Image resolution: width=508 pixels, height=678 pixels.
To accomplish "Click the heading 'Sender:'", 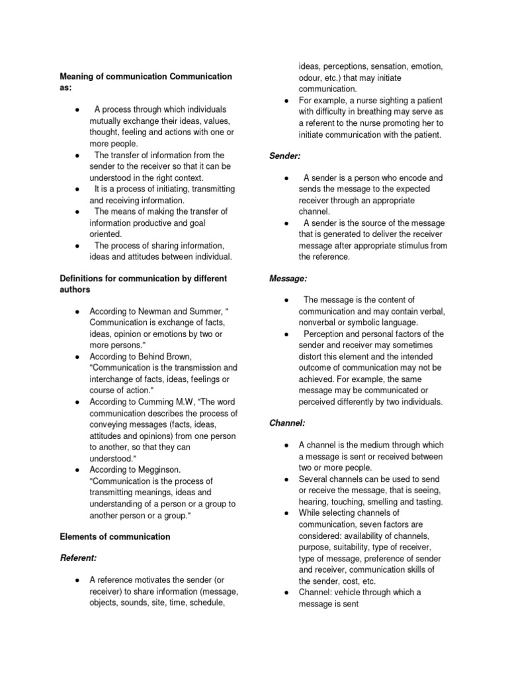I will [285, 156].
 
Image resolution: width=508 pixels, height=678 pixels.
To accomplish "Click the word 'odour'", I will [311, 77].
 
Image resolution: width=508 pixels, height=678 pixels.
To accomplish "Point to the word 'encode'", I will [427, 178].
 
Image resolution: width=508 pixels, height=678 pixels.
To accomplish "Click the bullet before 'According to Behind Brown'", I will [78, 356].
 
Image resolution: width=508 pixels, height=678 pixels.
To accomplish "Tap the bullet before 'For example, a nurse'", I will [284, 101].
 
